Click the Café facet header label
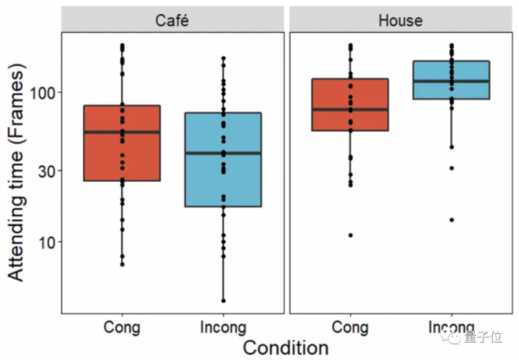173,20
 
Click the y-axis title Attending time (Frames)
18,181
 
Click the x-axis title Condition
285,348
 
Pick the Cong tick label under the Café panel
122,327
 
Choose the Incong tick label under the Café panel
223,327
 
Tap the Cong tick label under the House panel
350,327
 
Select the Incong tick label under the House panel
452,327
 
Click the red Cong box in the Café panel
122,156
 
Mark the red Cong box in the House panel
350,95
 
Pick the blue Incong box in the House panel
452,69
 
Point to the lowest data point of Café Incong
223,300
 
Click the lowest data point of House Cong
350,235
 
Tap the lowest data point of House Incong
452,220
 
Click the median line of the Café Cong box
122,132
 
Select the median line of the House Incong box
452,80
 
